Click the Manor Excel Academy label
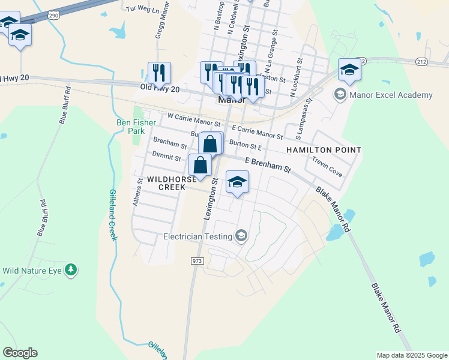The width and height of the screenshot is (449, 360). [391, 95]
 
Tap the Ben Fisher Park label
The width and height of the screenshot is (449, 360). [131, 127]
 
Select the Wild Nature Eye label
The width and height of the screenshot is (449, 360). [32, 271]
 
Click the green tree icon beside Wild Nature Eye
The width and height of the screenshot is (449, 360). [71, 270]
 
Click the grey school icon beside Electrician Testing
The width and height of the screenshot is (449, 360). [241, 236]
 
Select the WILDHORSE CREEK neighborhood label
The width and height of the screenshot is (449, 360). [163, 183]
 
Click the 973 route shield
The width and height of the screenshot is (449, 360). [197, 261]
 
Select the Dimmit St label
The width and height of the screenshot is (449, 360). [166, 157]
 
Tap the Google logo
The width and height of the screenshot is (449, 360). [20, 352]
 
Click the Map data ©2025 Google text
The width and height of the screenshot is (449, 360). [412, 355]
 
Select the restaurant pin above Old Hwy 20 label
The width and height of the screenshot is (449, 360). [159, 73]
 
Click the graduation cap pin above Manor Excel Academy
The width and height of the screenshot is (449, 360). [349, 70]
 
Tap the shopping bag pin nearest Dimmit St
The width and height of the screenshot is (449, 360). [200, 166]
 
